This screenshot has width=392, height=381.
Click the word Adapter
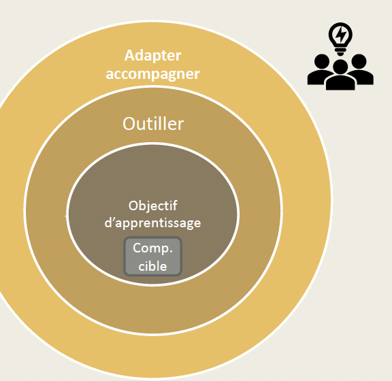point(152,56)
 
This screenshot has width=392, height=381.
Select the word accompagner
point(152,74)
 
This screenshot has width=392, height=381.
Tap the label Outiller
point(153,124)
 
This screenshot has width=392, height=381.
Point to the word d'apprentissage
point(152,222)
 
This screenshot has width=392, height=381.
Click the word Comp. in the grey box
point(152,249)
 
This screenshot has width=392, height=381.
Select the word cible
point(152,266)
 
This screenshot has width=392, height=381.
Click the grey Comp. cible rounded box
point(152,256)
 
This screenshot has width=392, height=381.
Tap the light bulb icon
point(340,39)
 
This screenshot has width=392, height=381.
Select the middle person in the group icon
point(340,75)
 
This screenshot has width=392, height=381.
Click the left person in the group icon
point(321,69)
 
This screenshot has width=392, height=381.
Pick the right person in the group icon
point(361,69)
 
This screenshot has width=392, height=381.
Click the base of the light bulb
point(340,52)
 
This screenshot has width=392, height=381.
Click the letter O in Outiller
point(129,124)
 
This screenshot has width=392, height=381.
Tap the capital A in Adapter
point(129,55)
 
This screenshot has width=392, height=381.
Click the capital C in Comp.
point(137,248)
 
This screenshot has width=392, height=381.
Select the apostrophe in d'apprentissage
point(112,218)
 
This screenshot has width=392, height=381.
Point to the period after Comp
point(171,252)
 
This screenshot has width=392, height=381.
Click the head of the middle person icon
point(340,67)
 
